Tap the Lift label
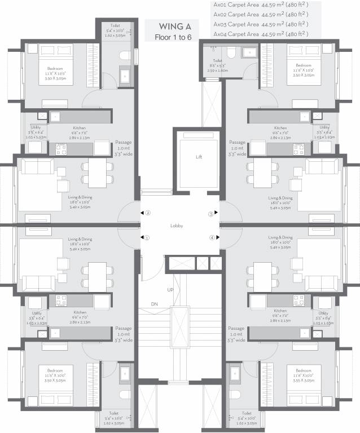click(x=199, y=157)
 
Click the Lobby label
click(x=177, y=226)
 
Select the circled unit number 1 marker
click(x=147, y=237)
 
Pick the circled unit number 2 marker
click(x=148, y=213)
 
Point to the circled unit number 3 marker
click(x=211, y=214)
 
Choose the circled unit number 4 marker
click(x=212, y=237)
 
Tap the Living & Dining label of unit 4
click(x=280, y=238)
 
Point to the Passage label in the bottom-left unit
click(x=123, y=328)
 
